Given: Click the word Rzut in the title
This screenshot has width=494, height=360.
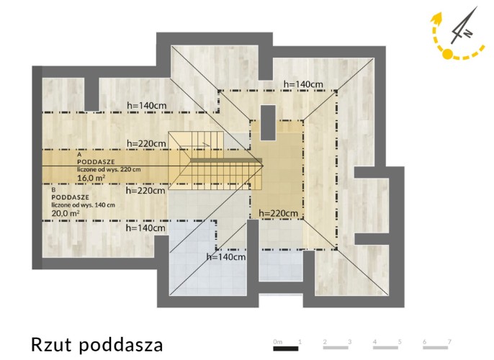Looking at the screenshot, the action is point(52,345).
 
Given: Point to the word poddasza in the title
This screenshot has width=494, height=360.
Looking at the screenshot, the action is point(121,345).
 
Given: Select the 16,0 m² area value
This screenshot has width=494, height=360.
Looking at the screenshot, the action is point(91,178).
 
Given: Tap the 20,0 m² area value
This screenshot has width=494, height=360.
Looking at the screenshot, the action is point(66,213).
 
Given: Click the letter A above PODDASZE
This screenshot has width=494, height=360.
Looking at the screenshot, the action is point(79,155).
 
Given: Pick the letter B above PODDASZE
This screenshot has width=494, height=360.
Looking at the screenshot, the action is point(53,190).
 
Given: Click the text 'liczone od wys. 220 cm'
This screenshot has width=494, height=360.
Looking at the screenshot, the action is point(109,169).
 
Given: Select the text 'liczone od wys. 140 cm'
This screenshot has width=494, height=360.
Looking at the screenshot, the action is point(84,204).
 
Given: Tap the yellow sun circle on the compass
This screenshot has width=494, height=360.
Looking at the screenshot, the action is point(447,54).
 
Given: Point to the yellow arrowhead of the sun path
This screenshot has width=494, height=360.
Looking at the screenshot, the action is point(436,18).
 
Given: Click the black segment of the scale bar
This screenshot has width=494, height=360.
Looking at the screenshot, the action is point(286,348).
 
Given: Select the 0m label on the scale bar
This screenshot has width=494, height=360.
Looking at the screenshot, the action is point(277,342).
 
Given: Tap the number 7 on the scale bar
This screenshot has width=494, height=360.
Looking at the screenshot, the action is point(449,341).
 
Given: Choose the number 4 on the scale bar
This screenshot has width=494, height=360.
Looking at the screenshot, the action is point(374,341).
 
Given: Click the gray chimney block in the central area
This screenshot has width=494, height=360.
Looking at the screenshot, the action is point(268,122).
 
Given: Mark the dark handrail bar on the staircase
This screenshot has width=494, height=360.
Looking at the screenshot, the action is point(226,161).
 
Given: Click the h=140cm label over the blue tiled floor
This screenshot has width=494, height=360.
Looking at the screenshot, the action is point(226,257).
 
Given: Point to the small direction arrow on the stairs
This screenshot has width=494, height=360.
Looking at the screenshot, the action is point(206,143).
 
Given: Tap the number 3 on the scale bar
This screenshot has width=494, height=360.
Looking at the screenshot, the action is point(350,341).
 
